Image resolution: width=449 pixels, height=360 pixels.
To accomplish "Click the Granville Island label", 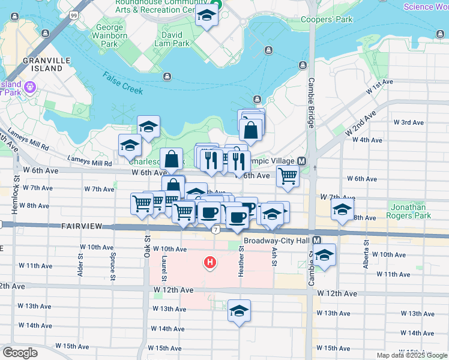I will pos(43,64).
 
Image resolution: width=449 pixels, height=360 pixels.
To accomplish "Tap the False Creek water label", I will pos(122,83).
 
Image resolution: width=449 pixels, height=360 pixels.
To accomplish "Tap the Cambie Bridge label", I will pos(312,102).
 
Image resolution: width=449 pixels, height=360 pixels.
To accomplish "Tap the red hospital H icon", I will pos(209,262).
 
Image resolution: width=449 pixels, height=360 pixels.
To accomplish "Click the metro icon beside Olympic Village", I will pos(301,161).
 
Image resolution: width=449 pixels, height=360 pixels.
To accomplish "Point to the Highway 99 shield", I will pos(73,14).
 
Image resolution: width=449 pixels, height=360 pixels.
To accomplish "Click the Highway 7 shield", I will pos(215,229).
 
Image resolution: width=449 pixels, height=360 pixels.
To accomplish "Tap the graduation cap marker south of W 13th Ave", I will pos(239,311).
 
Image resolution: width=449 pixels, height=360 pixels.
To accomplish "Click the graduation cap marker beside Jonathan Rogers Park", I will pos(342,210).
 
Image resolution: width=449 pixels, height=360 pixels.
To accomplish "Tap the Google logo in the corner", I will pos(20,353).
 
